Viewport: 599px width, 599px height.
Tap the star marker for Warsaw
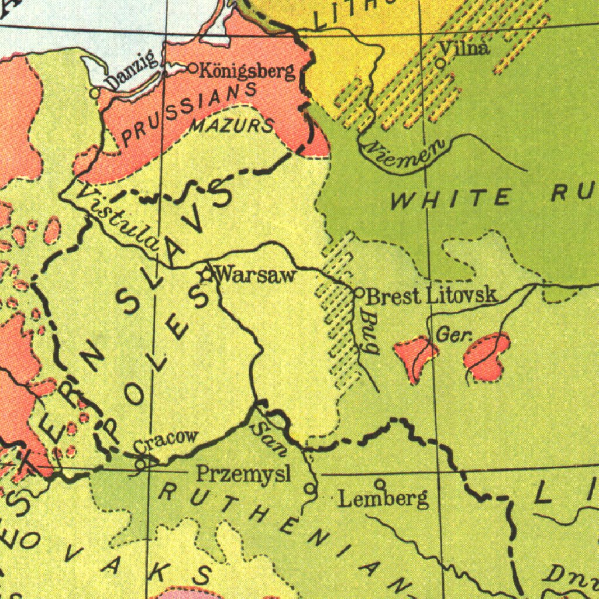click(x=206, y=273)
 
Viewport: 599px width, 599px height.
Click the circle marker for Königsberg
click(x=194, y=68)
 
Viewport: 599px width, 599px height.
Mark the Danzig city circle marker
click(x=95, y=92)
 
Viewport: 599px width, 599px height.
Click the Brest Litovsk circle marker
click(x=360, y=291)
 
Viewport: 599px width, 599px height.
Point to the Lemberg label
click(x=384, y=499)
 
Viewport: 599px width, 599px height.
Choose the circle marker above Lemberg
click(x=380, y=484)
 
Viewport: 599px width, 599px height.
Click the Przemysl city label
click(x=243, y=473)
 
